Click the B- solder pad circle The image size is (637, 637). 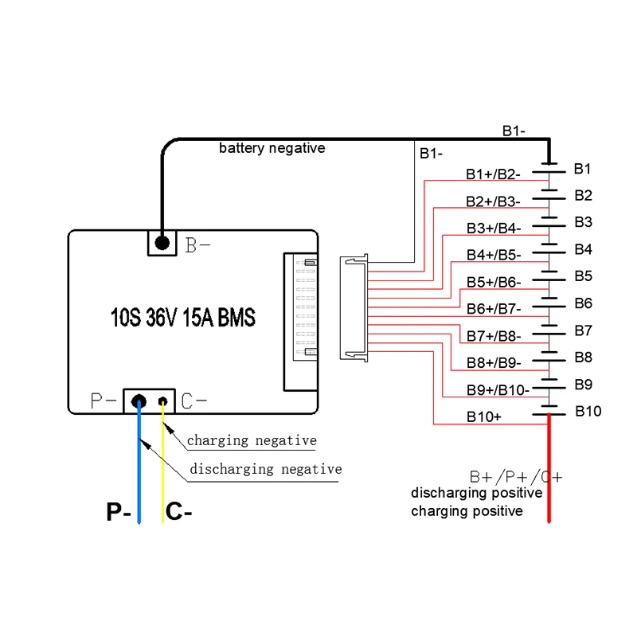(x=162, y=242)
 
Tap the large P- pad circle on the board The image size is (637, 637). (x=139, y=401)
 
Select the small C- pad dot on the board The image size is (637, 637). (x=164, y=401)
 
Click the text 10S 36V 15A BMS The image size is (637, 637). (x=183, y=318)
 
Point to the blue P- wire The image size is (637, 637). (x=139, y=478)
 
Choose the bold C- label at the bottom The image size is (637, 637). (x=178, y=512)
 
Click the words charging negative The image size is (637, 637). (x=252, y=440)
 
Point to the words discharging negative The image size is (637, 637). (x=266, y=469)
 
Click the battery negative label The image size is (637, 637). (x=272, y=148)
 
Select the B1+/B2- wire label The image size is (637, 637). (x=493, y=174)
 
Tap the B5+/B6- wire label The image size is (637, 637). (x=493, y=282)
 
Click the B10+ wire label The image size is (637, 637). (x=484, y=416)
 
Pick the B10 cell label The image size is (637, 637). (x=588, y=411)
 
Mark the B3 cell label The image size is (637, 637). (x=583, y=221)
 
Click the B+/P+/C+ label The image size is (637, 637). (x=515, y=477)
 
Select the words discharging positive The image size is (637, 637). (x=476, y=493)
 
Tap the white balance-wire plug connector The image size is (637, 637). (x=354, y=309)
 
